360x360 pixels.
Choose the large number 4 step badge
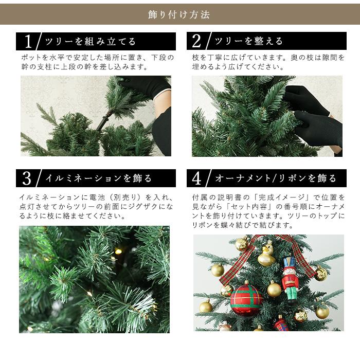(x=197, y=178)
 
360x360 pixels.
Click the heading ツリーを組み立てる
(x=91, y=42)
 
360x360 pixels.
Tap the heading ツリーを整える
(x=248, y=42)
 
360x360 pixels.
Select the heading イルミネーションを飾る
(x=98, y=178)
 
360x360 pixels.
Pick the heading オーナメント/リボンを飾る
(x=275, y=178)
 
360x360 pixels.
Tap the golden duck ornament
(x=266, y=254)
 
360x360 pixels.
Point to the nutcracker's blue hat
(x=290, y=261)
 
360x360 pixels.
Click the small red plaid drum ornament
(x=281, y=325)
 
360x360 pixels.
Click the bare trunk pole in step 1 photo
(x=103, y=121)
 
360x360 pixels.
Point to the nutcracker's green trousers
(x=290, y=295)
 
